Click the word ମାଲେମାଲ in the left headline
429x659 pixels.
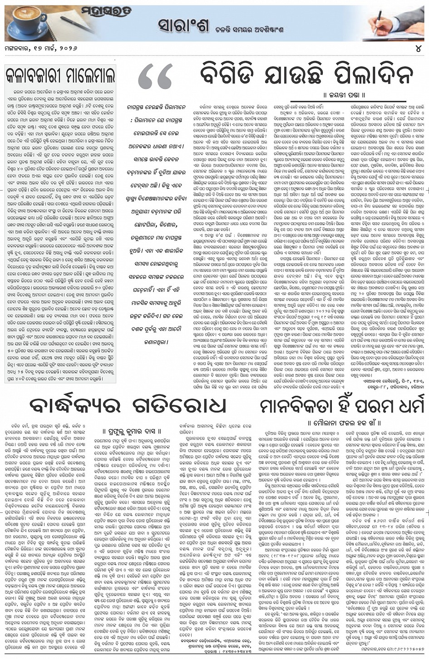88,76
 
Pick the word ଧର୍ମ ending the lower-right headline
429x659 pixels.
402,406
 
